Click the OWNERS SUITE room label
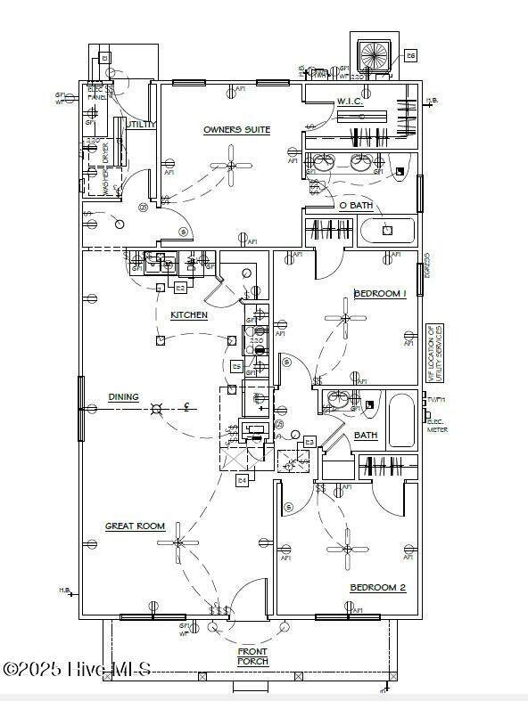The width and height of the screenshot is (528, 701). tap(236, 130)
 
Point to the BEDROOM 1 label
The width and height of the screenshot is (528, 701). tap(380, 293)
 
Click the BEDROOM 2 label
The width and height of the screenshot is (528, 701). tap(377, 587)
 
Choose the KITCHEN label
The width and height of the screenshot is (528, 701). tap(189, 315)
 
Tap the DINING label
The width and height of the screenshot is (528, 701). tap(123, 396)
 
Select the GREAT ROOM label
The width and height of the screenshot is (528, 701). tap(136, 526)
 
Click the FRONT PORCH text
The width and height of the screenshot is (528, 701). tap(252, 656)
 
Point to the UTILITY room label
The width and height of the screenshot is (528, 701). tap(141, 125)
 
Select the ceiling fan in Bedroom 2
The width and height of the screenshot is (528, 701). tap(347, 548)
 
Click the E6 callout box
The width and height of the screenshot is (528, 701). tap(411, 55)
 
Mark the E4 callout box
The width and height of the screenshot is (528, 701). tap(241, 480)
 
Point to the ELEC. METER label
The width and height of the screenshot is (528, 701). tap(437, 427)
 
